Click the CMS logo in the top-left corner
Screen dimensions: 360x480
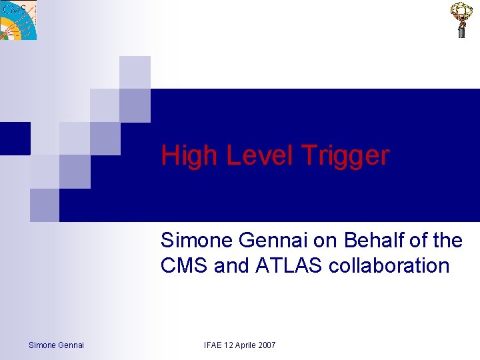(18, 20)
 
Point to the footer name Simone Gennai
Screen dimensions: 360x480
(56, 345)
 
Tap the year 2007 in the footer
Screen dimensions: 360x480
(267, 345)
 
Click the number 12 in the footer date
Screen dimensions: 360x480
(229, 345)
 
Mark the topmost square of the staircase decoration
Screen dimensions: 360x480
(135, 72)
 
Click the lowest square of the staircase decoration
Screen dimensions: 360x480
(45, 205)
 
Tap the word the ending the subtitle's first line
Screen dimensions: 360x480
(447, 240)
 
